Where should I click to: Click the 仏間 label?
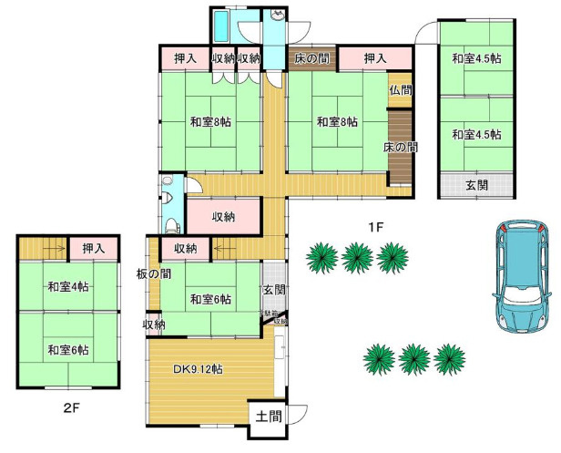coord(400,90)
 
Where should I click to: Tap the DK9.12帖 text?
coord(199,369)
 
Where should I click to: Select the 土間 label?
coord(269,417)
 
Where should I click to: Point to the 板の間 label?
coord(153,274)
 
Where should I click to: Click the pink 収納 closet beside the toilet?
coord(224,217)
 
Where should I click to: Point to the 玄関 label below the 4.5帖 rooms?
coord(476,185)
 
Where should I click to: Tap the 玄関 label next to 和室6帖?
coord(274,290)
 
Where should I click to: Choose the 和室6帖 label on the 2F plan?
coord(69,350)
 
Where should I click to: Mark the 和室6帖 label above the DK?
coord(210,299)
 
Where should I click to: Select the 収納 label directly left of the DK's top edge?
coord(154,324)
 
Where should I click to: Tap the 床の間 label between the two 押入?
coord(311,59)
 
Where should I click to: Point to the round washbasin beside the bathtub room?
coord(277,16)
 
